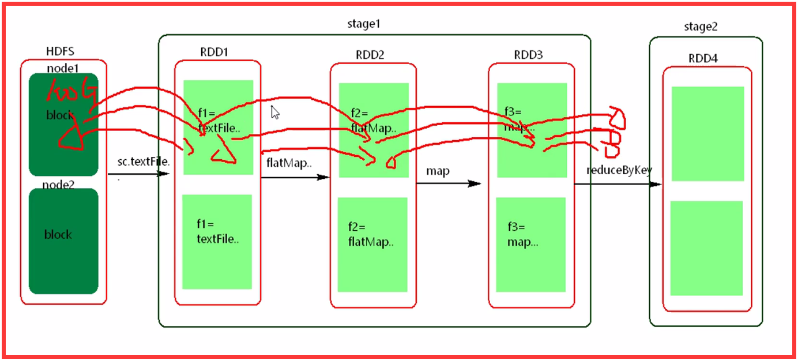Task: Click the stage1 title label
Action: tap(364, 24)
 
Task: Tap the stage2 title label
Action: tap(701, 27)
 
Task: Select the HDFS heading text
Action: tap(61, 52)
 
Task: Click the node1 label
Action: tap(63, 68)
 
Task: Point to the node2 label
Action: tap(58, 185)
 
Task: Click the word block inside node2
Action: tap(58, 234)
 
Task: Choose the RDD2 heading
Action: tap(370, 55)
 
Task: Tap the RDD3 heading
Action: tap(528, 55)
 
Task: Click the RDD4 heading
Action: tap(703, 59)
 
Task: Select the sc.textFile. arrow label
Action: tap(144, 162)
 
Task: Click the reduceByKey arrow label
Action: tap(619, 170)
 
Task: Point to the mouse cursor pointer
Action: tap(275, 112)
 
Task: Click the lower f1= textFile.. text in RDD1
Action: tap(217, 231)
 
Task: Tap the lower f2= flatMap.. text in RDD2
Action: tap(371, 234)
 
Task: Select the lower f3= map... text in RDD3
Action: tap(523, 234)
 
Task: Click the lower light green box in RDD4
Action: tap(706, 248)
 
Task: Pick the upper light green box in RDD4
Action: tap(707, 133)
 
